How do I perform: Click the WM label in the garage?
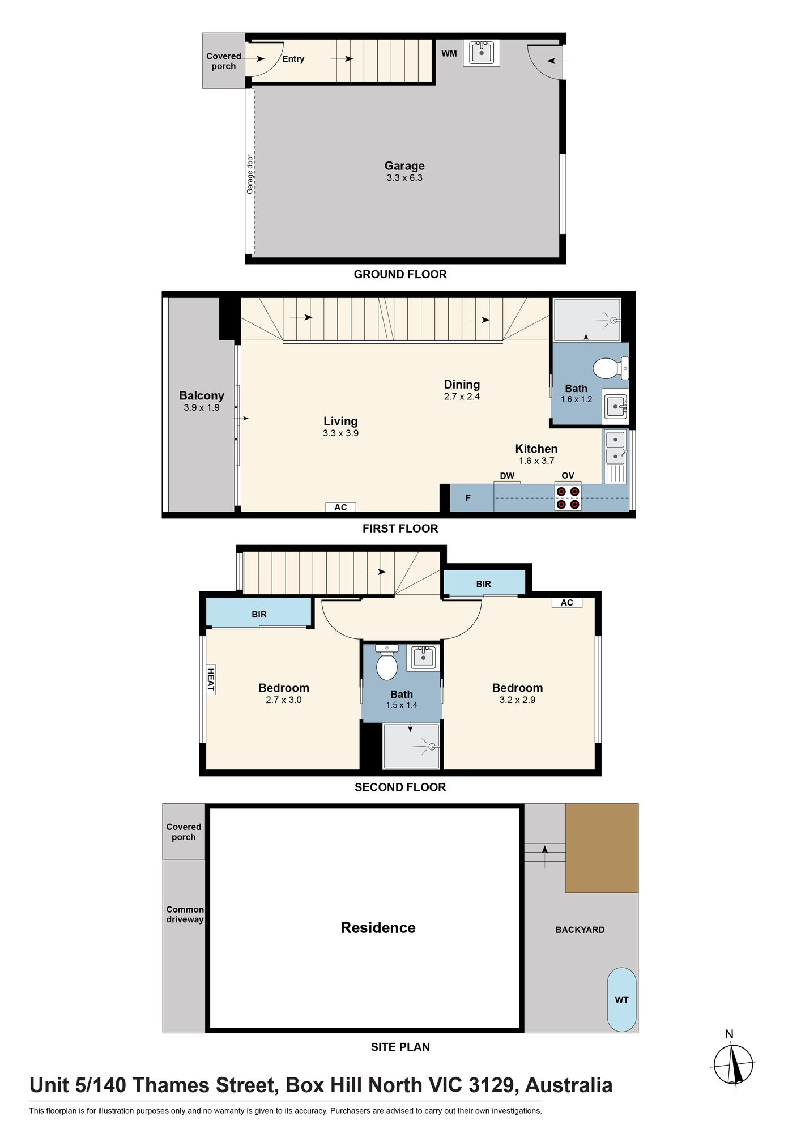pos(449,54)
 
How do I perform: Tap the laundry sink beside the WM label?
pos(482,53)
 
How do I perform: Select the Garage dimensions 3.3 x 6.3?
pos(404,178)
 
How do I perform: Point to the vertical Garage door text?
pos(250,174)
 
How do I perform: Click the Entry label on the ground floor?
pos(293,59)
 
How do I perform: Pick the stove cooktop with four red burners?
pos(568,498)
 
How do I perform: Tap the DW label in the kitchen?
pos(507,476)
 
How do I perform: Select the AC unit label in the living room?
pos(340,508)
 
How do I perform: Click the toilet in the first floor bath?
pos(611,368)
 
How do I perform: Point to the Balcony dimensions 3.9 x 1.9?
pos(202,408)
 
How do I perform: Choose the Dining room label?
pos(462,384)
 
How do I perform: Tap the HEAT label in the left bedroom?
pos(211,679)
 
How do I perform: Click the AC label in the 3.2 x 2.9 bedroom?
pos(567,603)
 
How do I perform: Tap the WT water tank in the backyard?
pos(621,999)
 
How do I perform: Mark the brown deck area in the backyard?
pos(602,848)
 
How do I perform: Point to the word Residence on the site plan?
pos(378,927)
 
